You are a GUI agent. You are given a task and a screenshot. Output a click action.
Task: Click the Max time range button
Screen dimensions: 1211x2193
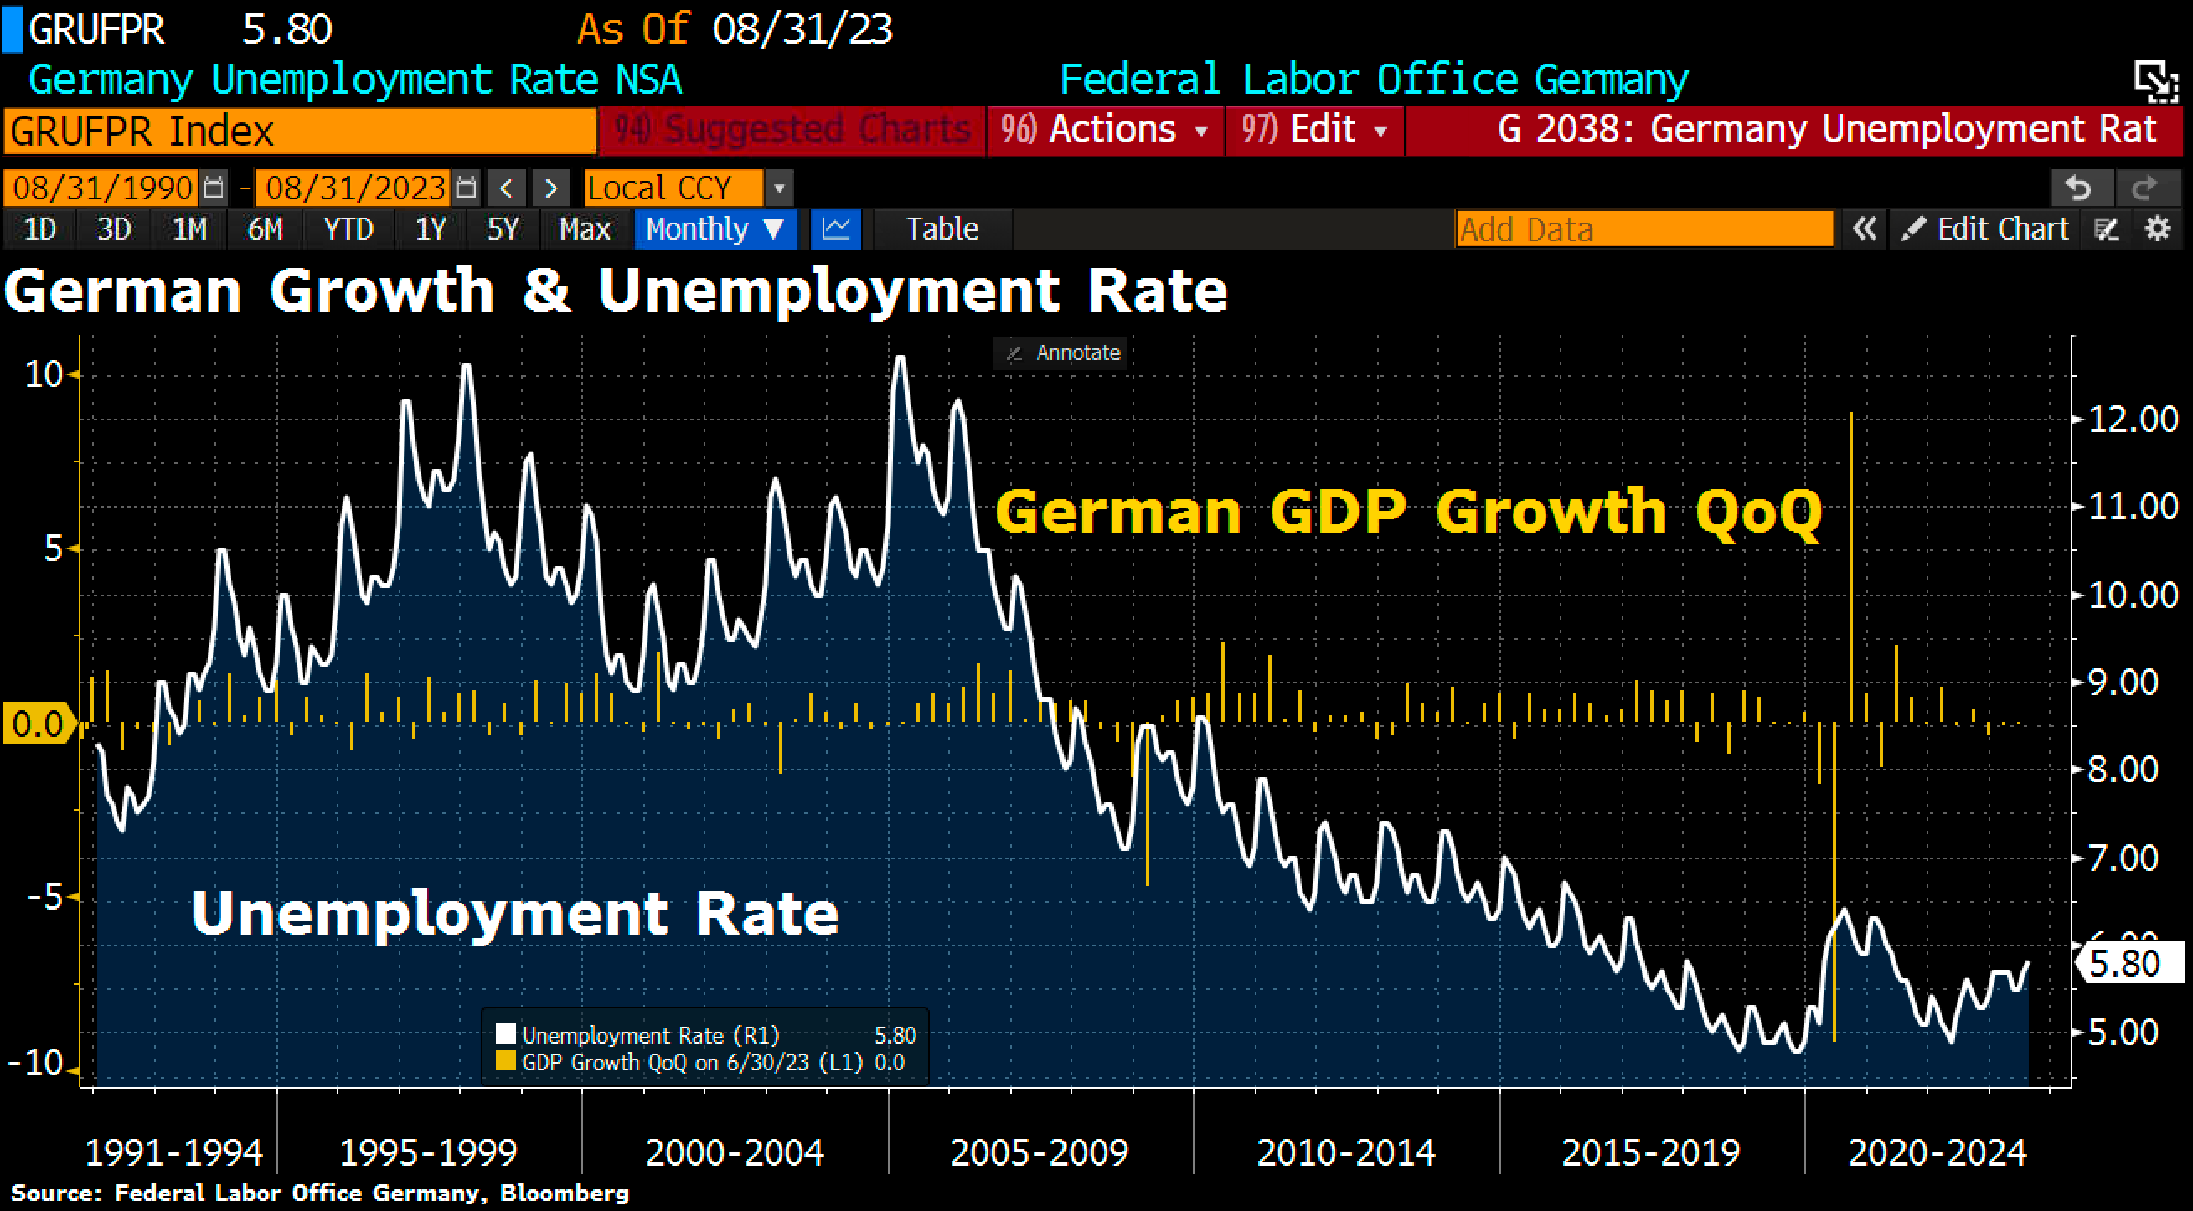(584, 229)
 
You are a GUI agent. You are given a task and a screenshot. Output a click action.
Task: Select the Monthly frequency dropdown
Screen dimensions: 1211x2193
(715, 229)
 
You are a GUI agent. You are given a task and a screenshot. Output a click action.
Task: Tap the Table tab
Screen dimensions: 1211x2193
(942, 229)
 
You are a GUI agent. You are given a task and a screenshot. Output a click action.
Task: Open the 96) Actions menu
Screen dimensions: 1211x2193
(1104, 130)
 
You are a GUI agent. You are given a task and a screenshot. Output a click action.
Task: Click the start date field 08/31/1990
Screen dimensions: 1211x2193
(102, 188)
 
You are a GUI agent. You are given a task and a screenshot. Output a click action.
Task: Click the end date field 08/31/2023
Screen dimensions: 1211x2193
(355, 188)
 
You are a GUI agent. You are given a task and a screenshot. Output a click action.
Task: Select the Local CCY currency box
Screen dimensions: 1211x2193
(673, 188)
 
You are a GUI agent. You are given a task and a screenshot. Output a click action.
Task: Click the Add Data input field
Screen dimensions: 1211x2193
(1643, 229)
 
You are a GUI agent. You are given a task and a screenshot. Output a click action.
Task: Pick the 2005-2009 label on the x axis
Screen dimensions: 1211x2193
(1039, 1153)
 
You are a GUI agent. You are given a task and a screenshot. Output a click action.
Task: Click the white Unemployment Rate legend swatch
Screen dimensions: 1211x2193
(506, 1034)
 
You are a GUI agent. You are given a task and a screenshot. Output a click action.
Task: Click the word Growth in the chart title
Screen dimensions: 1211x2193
(382, 291)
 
